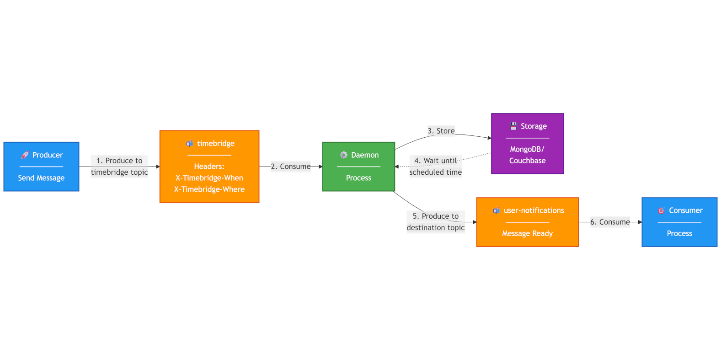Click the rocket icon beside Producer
(x=25, y=155)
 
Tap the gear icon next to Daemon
(x=344, y=155)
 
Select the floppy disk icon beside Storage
(x=513, y=126)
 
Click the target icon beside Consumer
(x=661, y=210)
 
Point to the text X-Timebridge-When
(x=209, y=178)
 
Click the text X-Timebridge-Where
(x=209, y=189)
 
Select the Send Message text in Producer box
(x=41, y=178)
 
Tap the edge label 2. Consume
(x=291, y=167)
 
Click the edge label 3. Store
(x=441, y=131)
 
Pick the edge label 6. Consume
(x=610, y=222)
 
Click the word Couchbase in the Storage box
(x=527, y=161)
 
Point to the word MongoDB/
(x=527, y=149)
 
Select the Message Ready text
(x=527, y=233)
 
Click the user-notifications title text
(x=534, y=210)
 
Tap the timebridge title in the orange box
(x=215, y=143)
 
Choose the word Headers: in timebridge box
(x=209, y=167)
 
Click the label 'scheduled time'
(x=435, y=172)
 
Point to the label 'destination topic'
(x=435, y=227)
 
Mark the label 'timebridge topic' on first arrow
(x=119, y=172)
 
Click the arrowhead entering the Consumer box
(x=640, y=222)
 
